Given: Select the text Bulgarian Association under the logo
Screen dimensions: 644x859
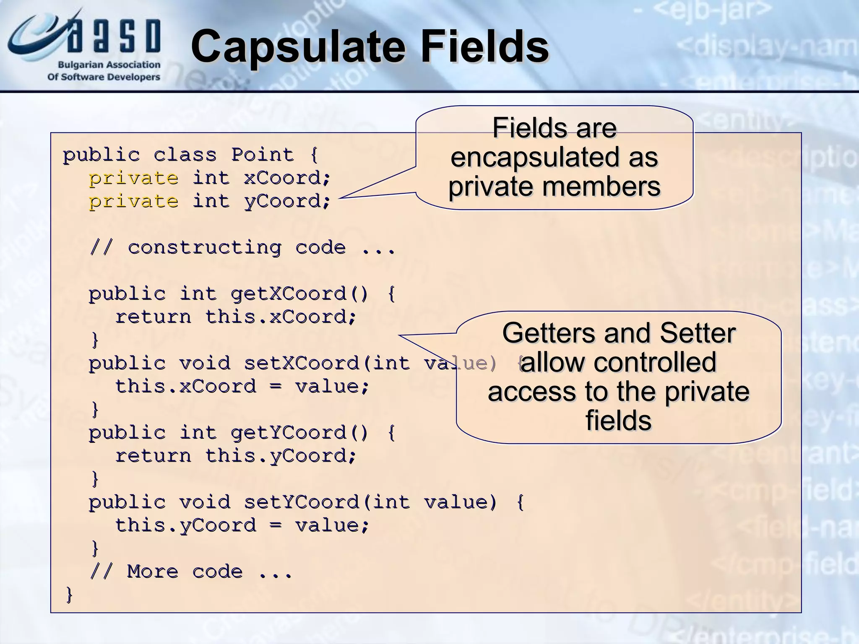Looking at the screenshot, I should point(109,65).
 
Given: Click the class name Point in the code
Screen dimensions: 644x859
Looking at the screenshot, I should point(263,155).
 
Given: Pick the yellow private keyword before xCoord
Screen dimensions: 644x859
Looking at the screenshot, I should point(133,178).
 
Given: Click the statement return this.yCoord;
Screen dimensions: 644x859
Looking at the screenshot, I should point(236,456).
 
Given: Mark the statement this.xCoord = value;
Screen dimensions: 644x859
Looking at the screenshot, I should point(242,386).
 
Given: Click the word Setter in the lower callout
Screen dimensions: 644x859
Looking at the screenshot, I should point(697,333).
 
